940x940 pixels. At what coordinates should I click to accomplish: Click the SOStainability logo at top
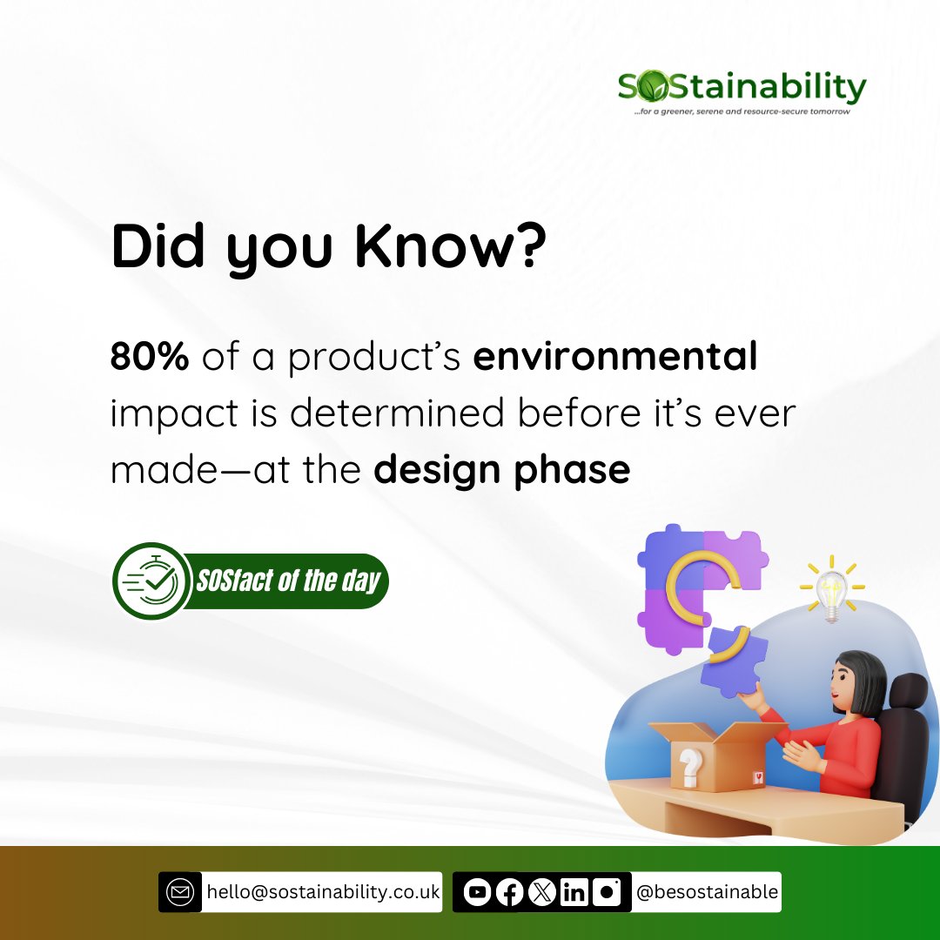pos(742,87)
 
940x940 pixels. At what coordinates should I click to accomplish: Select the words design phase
pos(501,470)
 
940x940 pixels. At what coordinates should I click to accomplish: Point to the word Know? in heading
pos(451,248)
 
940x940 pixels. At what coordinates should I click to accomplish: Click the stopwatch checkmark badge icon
pos(152,581)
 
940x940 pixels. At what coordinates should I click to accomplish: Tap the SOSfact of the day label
pos(288,581)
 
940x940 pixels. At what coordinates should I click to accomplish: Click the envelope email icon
pos(180,892)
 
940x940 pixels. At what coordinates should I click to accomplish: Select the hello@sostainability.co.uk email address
pos(322,892)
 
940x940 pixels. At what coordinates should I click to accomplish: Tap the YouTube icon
pos(476,892)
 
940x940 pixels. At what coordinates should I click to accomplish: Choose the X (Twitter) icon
pos(541,892)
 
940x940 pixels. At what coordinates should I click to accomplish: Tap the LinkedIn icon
pos(574,892)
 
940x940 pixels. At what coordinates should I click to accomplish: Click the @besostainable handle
pos(707,892)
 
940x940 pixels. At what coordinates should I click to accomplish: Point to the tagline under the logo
pos(742,112)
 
